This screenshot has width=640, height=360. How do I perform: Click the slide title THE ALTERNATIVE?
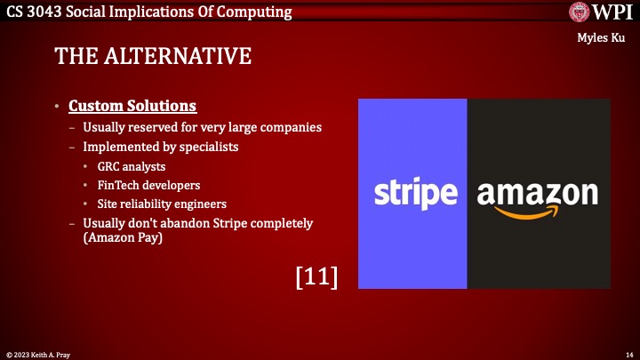[153, 56]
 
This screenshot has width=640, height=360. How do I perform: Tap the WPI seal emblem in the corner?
[582, 12]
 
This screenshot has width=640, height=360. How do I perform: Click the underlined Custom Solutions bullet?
[132, 106]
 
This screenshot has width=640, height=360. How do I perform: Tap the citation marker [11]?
[316, 276]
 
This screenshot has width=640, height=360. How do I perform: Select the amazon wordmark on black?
[538, 192]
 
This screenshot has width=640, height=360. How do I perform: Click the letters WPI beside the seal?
[614, 12]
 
